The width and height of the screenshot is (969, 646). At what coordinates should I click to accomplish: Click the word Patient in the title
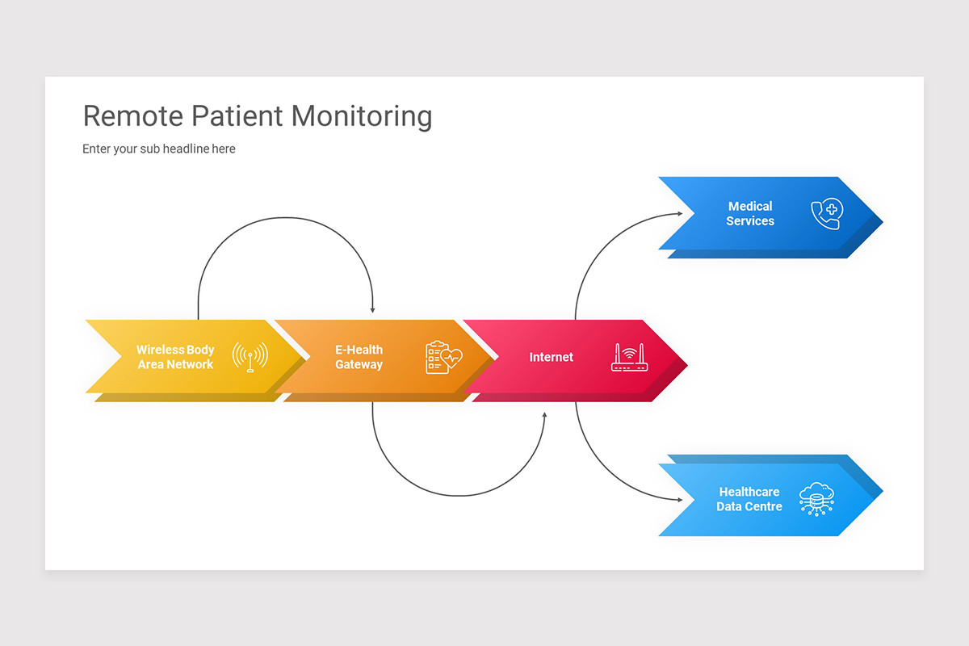click(x=237, y=116)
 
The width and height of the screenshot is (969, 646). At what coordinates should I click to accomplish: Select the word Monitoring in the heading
click(x=362, y=116)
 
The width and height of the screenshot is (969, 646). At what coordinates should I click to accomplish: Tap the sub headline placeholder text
click(x=159, y=149)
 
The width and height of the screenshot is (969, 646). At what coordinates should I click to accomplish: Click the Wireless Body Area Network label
click(x=175, y=357)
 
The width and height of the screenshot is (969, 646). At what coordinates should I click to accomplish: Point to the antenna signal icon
click(x=250, y=357)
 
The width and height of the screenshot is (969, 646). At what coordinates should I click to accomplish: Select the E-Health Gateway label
click(x=359, y=357)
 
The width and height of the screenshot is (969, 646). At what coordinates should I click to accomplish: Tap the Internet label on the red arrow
click(x=552, y=357)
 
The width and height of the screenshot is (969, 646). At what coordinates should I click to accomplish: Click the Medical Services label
click(x=750, y=214)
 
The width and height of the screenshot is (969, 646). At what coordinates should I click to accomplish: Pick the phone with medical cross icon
click(x=827, y=214)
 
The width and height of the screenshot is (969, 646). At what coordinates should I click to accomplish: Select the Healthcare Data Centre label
click(x=749, y=499)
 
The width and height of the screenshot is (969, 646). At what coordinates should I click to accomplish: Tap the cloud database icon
click(x=816, y=498)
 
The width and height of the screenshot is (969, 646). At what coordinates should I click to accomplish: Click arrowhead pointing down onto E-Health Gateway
click(x=372, y=309)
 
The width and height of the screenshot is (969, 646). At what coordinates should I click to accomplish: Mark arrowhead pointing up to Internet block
click(x=544, y=416)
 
